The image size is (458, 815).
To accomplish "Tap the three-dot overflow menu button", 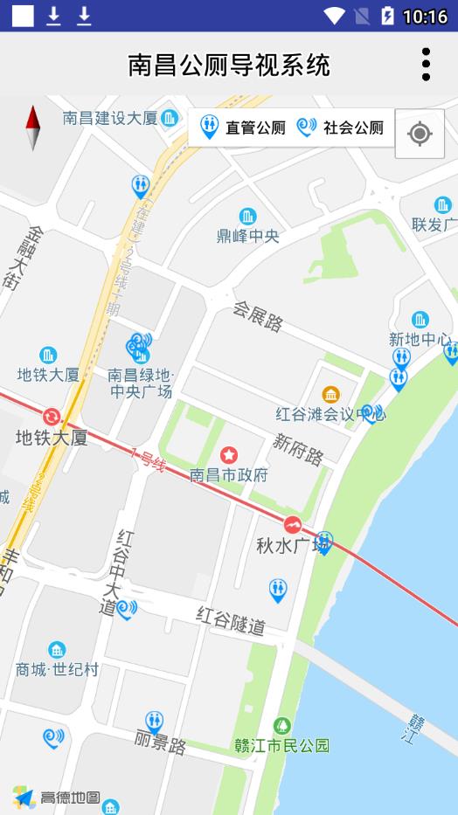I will [426, 65].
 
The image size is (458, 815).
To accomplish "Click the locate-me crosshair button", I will [420, 134].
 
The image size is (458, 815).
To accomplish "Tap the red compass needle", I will [34, 128].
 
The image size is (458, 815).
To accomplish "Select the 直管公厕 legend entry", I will [243, 128].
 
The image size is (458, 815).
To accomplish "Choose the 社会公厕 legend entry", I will [341, 128].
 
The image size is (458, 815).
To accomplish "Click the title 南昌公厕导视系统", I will [229, 65].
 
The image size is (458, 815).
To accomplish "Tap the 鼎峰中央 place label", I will [248, 235].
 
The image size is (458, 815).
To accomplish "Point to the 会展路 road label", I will [258, 316].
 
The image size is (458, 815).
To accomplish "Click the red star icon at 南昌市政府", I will [229, 454].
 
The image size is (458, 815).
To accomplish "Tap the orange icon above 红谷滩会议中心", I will [330, 395].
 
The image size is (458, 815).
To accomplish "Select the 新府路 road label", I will [297, 450].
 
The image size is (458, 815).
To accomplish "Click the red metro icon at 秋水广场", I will [292, 524].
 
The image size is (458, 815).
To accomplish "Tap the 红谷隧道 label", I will [231, 620].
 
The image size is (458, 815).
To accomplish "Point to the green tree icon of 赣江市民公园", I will [281, 725].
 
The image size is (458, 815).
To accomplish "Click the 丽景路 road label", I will [161, 745].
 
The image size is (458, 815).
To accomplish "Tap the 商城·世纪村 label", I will [57, 670].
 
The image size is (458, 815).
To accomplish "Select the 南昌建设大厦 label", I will [110, 118].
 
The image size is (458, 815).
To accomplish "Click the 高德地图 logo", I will [56, 797].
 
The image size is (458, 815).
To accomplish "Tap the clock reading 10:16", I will [425, 17].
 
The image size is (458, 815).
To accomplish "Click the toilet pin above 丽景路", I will [155, 722].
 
